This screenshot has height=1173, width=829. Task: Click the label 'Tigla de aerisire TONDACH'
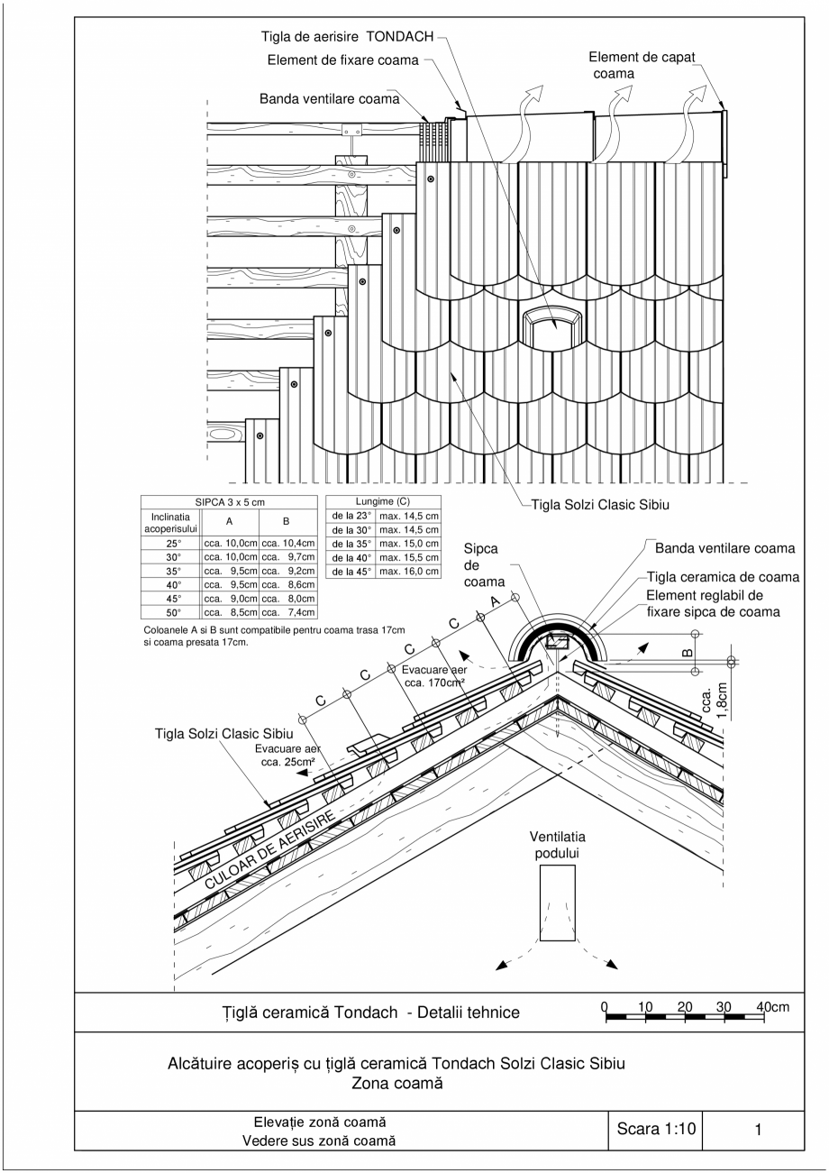tap(347, 38)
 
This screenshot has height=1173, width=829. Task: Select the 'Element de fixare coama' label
tap(343, 60)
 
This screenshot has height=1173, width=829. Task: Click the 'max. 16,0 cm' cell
tap(408, 572)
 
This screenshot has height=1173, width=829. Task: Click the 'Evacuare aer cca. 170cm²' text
tap(435, 677)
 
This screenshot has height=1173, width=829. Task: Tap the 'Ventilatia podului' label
tap(557, 845)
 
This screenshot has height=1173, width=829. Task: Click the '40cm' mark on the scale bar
tap(773, 1006)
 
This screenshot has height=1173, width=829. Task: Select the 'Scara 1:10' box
tap(657, 1128)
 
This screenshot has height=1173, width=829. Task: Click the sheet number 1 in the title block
tap(759, 1128)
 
